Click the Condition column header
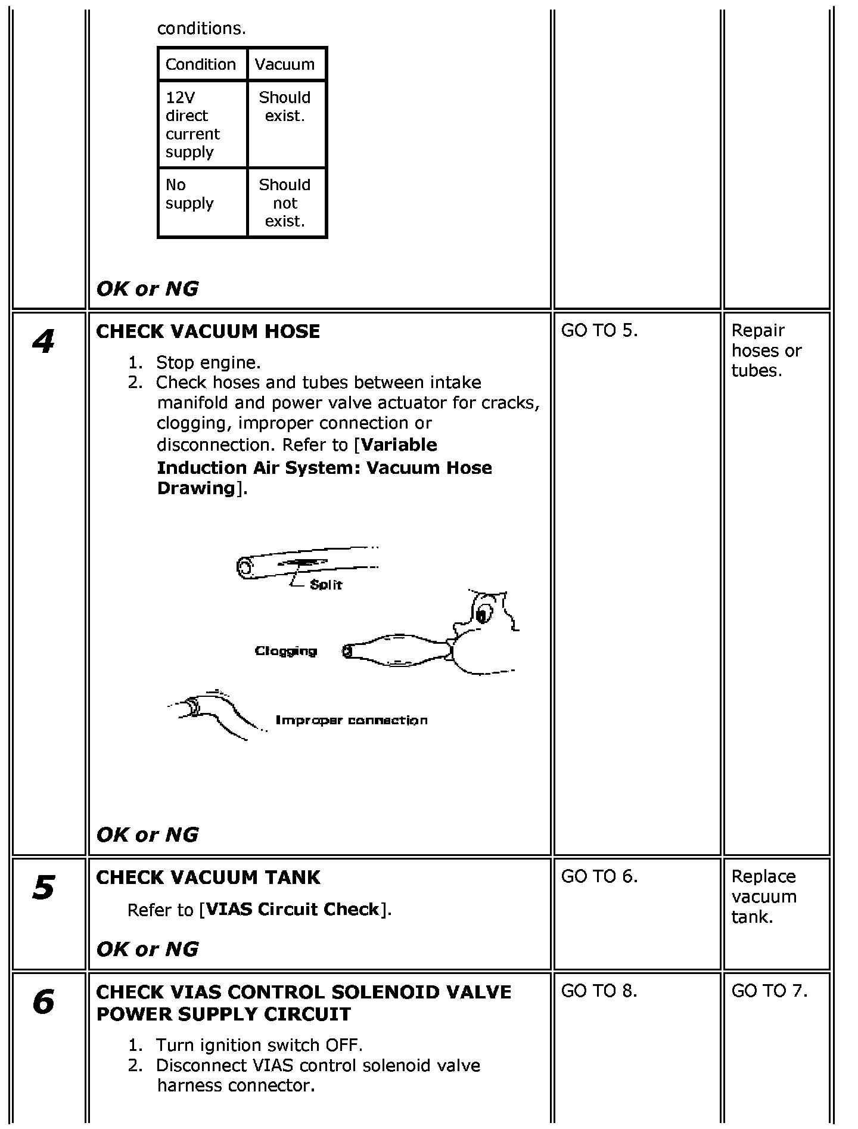[201, 64]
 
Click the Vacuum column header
[285, 64]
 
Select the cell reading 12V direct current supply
[192, 125]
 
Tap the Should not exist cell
[285, 203]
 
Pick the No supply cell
[189, 194]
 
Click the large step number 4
[43, 342]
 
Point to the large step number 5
[43, 888]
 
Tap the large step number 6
[43, 1002]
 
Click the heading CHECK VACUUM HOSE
[208, 331]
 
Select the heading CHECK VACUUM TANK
[208, 877]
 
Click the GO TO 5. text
[599, 331]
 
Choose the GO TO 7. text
[769, 991]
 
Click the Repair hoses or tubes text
[766, 351]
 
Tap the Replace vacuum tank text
[764, 897]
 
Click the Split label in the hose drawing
[326, 585]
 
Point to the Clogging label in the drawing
[286, 651]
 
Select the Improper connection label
[352, 720]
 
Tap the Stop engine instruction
[208, 362]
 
